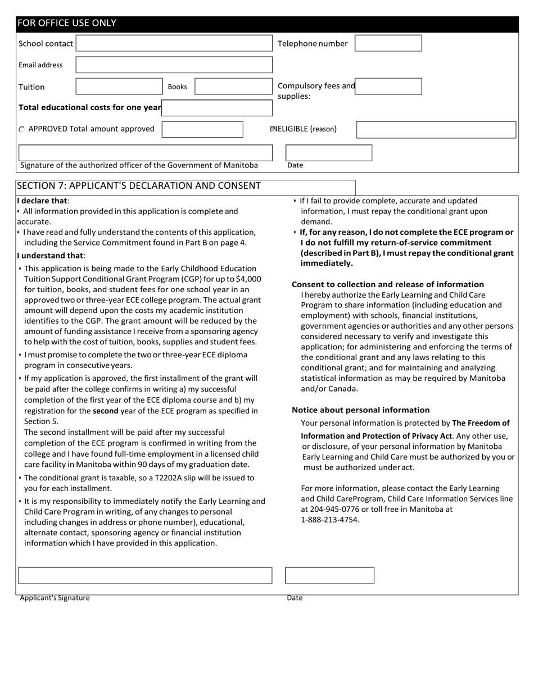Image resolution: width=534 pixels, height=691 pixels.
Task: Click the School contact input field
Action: tap(174, 43)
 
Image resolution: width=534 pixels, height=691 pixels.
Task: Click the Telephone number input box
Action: tap(388, 43)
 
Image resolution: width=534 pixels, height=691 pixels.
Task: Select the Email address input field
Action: tap(174, 65)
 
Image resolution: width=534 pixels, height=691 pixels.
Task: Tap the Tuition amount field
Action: tap(119, 87)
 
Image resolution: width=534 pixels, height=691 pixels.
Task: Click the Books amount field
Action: tap(233, 87)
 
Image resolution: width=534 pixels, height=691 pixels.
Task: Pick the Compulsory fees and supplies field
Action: tap(388, 86)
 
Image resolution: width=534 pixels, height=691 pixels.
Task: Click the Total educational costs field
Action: tap(216, 107)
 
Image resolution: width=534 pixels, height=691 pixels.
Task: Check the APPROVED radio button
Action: tap(21, 129)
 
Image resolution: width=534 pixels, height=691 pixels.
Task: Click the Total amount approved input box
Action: tap(202, 129)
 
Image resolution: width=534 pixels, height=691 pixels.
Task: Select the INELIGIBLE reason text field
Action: tap(436, 129)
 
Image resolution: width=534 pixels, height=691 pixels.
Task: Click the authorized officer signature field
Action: tap(146, 152)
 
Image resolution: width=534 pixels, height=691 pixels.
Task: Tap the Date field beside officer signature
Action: tap(328, 153)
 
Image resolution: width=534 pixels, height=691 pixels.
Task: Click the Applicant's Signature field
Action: tap(145, 575)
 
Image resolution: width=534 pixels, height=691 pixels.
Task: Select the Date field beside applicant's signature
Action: tap(329, 575)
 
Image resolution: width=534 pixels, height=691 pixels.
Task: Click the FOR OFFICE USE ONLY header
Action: tap(67, 23)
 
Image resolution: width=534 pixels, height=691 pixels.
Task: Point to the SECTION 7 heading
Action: tap(138, 185)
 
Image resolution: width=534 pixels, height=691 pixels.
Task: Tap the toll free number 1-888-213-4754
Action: tap(330, 519)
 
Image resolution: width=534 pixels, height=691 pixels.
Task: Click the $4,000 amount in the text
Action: tap(248, 279)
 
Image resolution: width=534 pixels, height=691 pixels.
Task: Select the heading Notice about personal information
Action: tap(360, 410)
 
